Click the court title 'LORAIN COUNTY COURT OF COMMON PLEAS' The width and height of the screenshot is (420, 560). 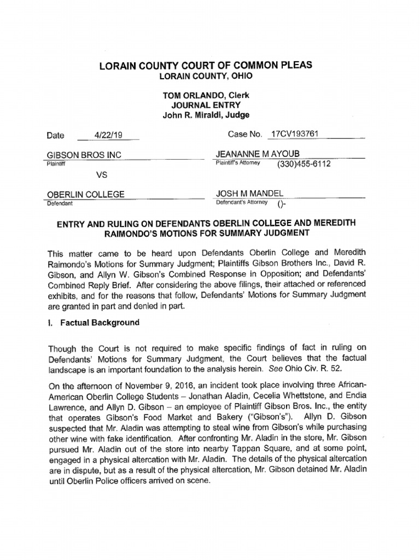205,65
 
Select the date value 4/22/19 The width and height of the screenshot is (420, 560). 108,135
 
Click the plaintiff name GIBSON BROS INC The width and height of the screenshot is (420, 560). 84,155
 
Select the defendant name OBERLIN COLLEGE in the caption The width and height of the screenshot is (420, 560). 86,194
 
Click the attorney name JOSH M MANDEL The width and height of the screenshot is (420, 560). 250,194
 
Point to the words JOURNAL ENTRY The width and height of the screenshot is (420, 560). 206,105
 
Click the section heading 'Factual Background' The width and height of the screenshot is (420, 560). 98,323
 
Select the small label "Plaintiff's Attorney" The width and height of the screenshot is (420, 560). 238,163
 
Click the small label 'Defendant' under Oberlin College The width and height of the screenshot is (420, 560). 61,203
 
